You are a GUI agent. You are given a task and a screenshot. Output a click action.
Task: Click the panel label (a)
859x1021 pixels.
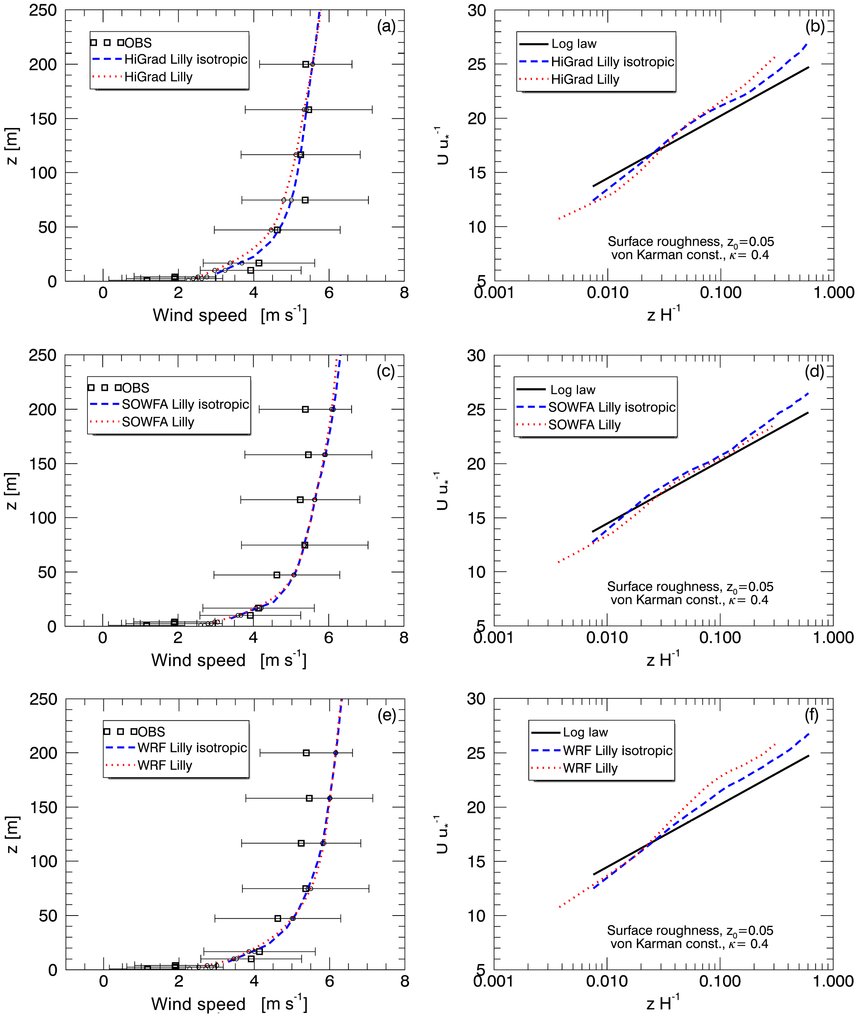pyautogui.click(x=386, y=26)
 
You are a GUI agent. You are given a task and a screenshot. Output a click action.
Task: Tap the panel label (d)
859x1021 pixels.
pyautogui.click(x=814, y=371)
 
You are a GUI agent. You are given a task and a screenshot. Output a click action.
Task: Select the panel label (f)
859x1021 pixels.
pyautogui.click(x=811, y=715)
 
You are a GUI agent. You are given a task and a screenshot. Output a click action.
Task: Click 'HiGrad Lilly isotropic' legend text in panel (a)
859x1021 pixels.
pyautogui.click(x=186, y=60)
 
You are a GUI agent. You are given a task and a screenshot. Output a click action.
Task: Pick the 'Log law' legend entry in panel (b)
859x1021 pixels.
pyautogui.click(x=574, y=44)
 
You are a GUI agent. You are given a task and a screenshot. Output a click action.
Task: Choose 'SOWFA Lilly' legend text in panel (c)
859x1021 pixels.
pyautogui.click(x=158, y=422)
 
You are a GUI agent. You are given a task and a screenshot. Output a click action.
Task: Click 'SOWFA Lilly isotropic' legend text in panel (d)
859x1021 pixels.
pyautogui.click(x=612, y=407)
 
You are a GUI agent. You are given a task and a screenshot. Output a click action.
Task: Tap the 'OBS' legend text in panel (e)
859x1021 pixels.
pyautogui.click(x=152, y=732)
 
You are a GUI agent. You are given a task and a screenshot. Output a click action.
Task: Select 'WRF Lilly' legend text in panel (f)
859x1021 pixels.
pyautogui.click(x=590, y=768)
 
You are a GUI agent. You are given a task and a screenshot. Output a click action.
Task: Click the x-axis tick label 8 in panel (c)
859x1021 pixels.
pyautogui.click(x=404, y=638)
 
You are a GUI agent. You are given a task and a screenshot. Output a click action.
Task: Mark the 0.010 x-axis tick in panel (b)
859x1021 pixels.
pyautogui.click(x=607, y=293)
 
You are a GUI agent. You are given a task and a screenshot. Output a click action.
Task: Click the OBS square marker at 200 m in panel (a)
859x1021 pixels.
pyautogui.click(x=306, y=64)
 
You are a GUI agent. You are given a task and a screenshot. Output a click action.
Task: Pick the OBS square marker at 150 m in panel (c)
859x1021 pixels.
pyautogui.click(x=308, y=455)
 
